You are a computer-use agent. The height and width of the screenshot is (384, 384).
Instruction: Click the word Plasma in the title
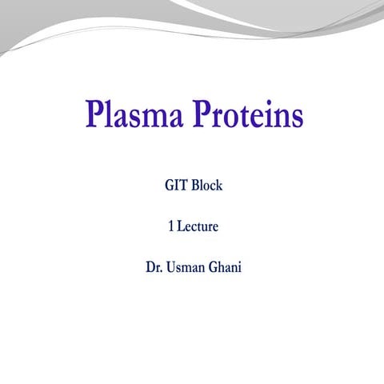132,114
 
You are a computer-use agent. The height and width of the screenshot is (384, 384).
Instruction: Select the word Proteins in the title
246,114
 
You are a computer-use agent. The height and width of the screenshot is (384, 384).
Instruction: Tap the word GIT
176,186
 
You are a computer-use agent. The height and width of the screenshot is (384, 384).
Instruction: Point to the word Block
206,186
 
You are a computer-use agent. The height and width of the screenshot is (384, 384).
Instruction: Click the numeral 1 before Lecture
170,226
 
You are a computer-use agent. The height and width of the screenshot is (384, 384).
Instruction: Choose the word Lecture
198,226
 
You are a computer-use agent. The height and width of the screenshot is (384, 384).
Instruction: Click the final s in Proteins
297,117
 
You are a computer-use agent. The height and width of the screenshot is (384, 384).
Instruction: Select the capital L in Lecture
180,226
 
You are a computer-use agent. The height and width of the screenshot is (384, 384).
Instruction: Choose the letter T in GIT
185,186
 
